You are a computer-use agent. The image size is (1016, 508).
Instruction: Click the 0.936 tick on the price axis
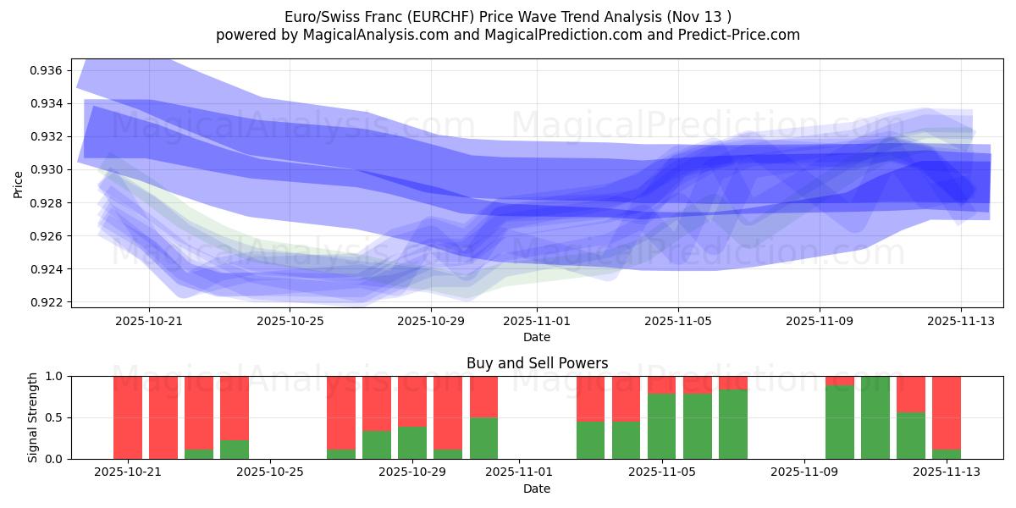coord(47,70)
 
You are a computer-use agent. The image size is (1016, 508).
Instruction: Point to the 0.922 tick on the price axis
coord(47,302)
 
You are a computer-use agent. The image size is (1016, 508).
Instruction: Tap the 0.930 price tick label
coord(47,169)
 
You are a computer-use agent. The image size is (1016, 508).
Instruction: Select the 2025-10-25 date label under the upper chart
coord(290,321)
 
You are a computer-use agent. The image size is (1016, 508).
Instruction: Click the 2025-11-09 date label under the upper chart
coord(820,321)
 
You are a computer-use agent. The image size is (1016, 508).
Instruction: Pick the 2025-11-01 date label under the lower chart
coord(537,472)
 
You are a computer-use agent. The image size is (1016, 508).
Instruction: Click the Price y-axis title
coord(18,184)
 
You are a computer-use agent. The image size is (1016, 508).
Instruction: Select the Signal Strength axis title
coord(32,417)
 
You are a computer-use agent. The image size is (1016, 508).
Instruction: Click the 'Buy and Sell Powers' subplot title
coord(537,363)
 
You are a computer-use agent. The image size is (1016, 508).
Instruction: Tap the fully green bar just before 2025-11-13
coord(875,417)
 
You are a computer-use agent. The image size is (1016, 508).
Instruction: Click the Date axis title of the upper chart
coord(537,337)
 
